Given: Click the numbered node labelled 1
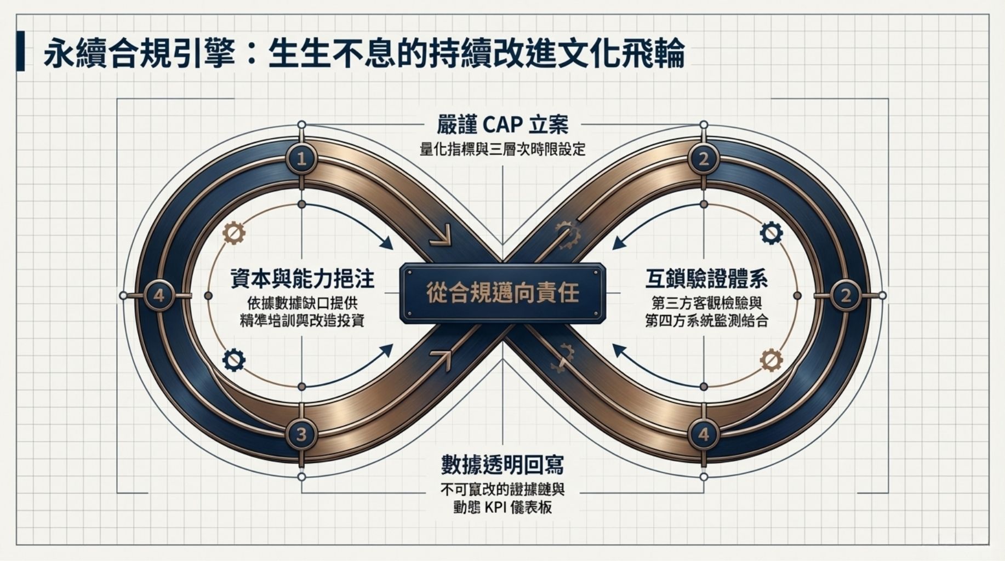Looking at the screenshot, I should click(x=301, y=159).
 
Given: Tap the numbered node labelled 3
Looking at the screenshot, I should click(x=301, y=434).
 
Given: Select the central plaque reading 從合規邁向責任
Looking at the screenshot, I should click(x=503, y=293).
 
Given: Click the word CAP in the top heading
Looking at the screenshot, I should click(x=502, y=124).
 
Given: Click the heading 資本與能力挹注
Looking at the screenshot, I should click(x=301, y=279).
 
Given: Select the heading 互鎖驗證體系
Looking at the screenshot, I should click(x=706, y=279).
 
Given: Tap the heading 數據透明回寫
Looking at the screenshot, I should click(x=503, y=465).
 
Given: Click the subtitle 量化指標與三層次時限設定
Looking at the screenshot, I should click(x=503, y=149).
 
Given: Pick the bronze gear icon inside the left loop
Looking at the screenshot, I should click(x=234, y=233).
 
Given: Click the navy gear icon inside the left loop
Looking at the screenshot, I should click(x=234, y=360).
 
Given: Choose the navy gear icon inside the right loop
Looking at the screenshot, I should click(x=771, y=233).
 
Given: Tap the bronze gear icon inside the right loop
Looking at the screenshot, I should click(x=771, y=360).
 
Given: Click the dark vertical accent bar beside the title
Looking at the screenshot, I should click(x=21, y=51).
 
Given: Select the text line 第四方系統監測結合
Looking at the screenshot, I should click(x=706, y=321).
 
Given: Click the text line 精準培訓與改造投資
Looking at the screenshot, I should click(x=301, y=321).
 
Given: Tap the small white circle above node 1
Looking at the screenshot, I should click(x=301, y=125).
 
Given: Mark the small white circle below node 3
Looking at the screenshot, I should click(x=301, y=477).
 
